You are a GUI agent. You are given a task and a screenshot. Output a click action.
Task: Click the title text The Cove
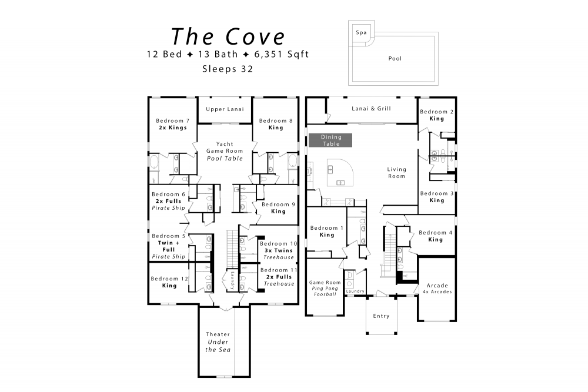coord(228,36)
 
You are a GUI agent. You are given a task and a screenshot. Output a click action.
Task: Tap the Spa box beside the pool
coord(361,33)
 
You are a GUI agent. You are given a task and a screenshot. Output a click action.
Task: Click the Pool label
coord(396,59)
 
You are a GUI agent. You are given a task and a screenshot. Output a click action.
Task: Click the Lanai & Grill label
coord(371,109)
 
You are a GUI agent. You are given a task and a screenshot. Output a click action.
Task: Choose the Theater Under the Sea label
coord(218,342)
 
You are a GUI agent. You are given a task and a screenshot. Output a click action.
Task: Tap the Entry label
coord(381,316)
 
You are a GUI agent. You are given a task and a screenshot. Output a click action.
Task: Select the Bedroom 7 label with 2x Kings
coord(172,123)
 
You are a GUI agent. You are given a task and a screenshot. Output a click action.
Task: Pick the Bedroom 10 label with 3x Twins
coord(278,250)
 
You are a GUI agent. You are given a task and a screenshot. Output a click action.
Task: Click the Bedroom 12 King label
coord(169,282)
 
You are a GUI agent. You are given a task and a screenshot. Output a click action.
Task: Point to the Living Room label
coord(396,173)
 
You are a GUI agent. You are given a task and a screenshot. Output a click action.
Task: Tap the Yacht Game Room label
coord(225,151)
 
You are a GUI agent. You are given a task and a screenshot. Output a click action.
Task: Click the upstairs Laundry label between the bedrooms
coord(232,277)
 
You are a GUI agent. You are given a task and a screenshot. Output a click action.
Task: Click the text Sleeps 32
coord(228,68)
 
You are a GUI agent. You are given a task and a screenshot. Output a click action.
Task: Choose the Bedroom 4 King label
coord(436,236)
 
